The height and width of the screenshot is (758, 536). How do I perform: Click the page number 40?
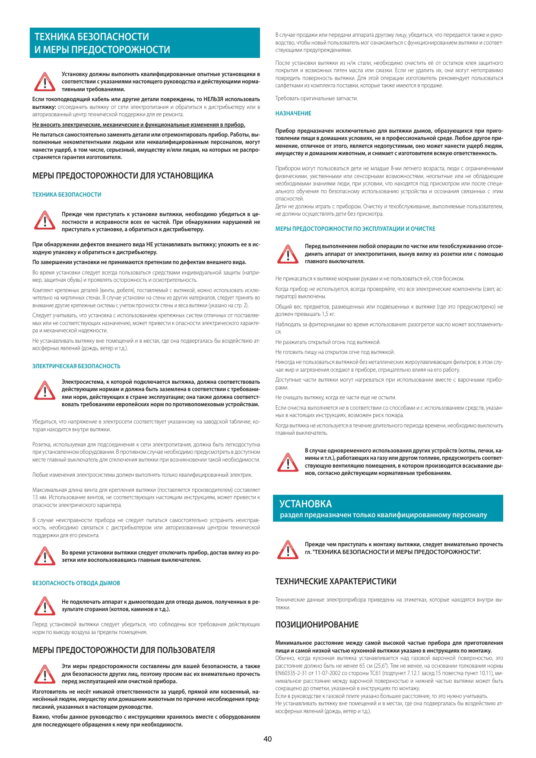click(x=268, y=739)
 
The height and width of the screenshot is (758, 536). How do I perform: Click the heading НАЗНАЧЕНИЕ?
click(x=293, y=114)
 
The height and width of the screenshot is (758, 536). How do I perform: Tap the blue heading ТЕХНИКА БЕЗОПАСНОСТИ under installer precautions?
click(x=67, y=195)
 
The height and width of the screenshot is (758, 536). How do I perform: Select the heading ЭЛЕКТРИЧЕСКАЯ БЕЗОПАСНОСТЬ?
click(x=76, y=366)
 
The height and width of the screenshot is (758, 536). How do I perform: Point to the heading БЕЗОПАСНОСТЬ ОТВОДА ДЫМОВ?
click(x=76, y=583)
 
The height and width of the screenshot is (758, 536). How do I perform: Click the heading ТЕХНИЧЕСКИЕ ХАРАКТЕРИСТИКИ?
click(x=336, y=582)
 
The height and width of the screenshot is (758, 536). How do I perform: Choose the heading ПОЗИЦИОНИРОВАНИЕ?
click(x=317, y=625)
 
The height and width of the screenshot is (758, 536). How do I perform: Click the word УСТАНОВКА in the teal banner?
click(x=306, y=504)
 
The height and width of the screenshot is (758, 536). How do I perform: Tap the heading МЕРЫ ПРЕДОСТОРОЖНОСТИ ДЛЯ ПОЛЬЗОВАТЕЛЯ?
click(x=124, y=650)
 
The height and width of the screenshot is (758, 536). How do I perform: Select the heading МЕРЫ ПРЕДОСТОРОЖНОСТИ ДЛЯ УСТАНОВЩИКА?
click(x=123, y=176)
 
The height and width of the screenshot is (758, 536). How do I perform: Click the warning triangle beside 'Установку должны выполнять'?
click(x=44, y=82)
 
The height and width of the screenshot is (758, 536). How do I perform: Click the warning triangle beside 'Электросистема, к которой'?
click(x=44, y=390)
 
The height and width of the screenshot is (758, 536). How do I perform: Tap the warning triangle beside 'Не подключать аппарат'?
click(x=44, y=605)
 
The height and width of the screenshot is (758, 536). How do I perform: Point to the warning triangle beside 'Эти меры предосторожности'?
click(x=44, y=674)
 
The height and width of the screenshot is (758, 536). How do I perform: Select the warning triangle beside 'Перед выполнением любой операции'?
click(x=288, y=254)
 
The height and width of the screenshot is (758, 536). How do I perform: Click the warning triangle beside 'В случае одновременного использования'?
click(x=288, y=462)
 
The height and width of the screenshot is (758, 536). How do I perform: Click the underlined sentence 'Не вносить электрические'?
click(x=139, y=125)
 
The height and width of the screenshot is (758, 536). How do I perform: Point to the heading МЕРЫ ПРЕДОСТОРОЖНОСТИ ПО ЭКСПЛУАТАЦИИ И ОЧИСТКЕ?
click(x=355, y=229)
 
